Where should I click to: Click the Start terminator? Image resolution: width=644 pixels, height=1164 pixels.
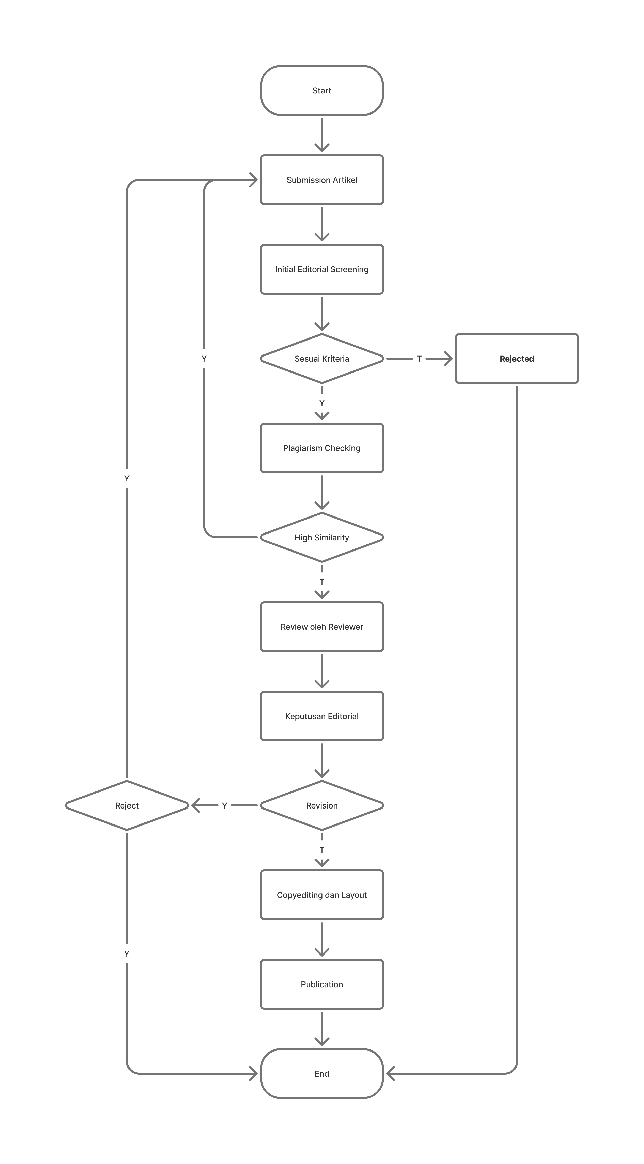[322, 90]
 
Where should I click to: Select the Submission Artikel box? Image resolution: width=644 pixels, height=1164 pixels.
[322, 180]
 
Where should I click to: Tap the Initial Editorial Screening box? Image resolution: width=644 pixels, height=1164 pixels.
[322, 269]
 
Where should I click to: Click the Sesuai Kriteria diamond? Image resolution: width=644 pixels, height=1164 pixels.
[322, 359]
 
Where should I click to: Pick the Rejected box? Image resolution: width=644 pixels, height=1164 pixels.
[517, 359]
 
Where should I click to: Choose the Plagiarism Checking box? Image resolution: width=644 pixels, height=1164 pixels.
[322, 448]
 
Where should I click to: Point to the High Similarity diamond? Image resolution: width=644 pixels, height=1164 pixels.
[322, 537]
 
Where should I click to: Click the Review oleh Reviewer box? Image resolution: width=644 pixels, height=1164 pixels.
[322, 627]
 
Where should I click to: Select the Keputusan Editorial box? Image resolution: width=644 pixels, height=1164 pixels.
[322, 716]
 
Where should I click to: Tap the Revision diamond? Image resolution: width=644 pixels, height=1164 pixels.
[322, 806]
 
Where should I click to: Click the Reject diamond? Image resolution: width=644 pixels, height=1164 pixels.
[127, 806]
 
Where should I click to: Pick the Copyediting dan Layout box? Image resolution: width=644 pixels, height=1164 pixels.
[322, 895]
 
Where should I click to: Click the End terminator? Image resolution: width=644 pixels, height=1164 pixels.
[322, 1074]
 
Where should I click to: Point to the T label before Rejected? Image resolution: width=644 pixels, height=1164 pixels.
[419, 359]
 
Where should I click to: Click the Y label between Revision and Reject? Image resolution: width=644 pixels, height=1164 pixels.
[224, 806]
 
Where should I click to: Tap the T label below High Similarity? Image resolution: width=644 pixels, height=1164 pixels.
[322, 582]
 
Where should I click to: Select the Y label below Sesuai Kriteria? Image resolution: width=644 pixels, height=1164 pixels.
[322, 403]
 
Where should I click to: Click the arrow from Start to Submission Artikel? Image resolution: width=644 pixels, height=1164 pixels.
[322, 135]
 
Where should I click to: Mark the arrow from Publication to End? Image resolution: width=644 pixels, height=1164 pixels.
[322, 1028]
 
